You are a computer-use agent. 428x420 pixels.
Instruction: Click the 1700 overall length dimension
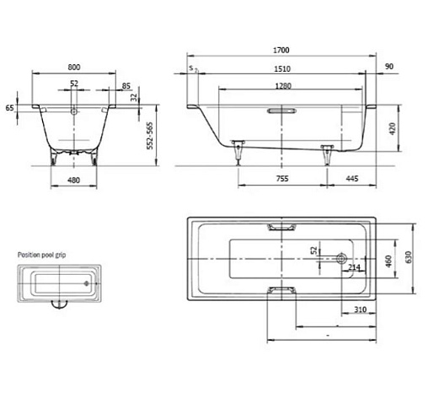tap(281, 50)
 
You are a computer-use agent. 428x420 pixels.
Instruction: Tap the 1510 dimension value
tap(282, 69)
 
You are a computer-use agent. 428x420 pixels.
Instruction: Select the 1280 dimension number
tap(283, 86)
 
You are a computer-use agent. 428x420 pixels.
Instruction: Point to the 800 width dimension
tap(74, 67)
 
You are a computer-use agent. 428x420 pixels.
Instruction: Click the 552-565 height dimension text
tap(150, 136)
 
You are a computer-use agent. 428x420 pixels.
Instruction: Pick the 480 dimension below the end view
tap(73, 180)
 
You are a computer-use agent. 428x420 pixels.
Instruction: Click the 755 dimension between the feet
tap(282, 179)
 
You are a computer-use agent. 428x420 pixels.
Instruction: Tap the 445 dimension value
tap(352, 179)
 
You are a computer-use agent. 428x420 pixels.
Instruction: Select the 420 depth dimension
tap(393, 128)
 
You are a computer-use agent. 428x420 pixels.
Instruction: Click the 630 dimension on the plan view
tap(408, 257)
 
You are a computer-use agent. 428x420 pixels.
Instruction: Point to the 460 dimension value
tap(388, 261)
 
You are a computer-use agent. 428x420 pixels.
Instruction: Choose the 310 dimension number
tap(360, 310)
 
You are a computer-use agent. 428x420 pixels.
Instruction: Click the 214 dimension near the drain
tap(354, 267)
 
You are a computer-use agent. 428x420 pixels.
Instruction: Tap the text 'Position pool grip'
tap(41, 255)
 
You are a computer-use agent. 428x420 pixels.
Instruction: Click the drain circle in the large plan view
tap(341, 258)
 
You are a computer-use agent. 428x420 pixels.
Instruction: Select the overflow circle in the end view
tap(74, 111)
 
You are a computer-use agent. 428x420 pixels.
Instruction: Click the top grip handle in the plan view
tap(281, 227)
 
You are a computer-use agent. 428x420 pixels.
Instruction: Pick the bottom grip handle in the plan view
tap(281, 290)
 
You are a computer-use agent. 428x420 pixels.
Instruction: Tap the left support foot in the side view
tap(238, 152)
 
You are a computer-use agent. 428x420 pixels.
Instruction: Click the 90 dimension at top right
tap(389, 67)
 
